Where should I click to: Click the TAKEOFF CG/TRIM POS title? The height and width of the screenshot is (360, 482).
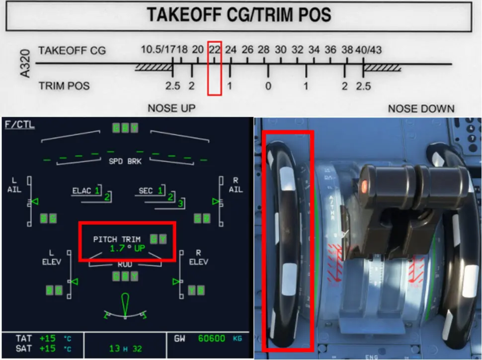(x=239, y=15)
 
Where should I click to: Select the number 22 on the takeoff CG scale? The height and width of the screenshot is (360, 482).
(x=214, y=50)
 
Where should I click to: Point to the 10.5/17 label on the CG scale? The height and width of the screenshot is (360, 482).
(x=158, y=50)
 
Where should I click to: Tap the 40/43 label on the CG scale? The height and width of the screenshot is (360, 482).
(x=368, y=50)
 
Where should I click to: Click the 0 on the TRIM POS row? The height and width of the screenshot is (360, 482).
(x=268, y=86)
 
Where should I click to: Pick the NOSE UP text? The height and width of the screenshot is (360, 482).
(x=171, y=108)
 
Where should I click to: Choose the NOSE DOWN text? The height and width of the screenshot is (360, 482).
(x=421, y=108)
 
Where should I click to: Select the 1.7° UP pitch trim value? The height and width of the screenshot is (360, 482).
(x=127, y=247)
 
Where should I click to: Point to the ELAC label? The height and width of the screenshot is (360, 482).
(x=82, y=190)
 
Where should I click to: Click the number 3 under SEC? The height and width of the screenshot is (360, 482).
(x=180, y=204)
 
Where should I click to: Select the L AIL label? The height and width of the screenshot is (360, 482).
(x=14, y=185)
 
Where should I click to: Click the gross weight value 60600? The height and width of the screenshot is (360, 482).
(x=212, y=339)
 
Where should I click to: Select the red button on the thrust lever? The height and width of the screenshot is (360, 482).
(x=364, y=186)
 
